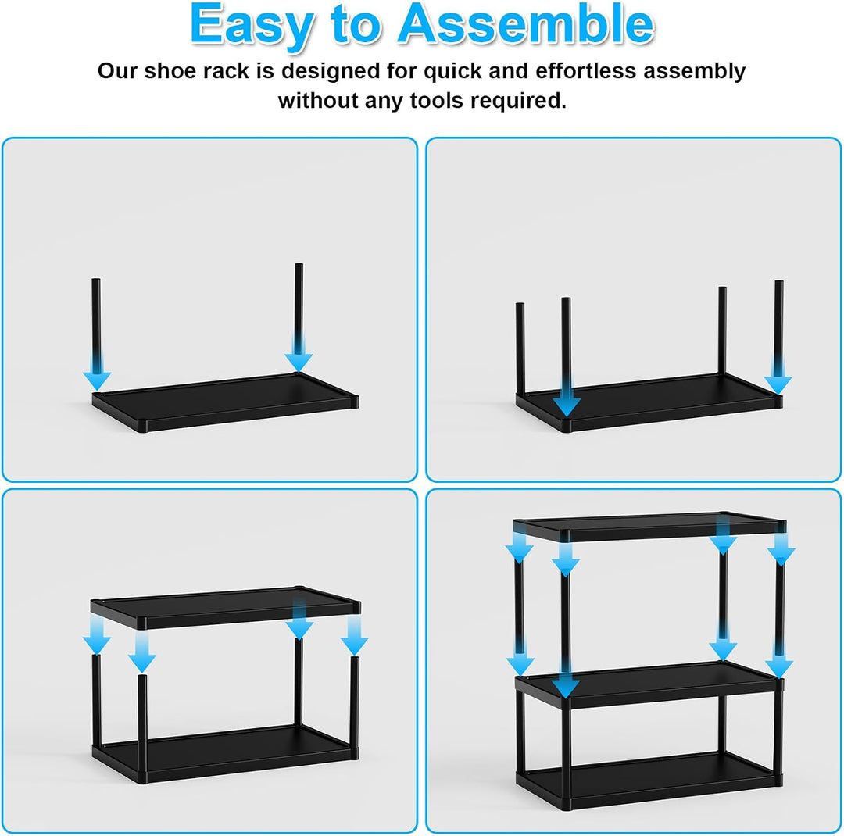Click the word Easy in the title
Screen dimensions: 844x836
(x=252, y=24)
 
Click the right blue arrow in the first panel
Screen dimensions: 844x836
(x=299, y=352)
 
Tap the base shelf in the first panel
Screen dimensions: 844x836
(x=225, y=402)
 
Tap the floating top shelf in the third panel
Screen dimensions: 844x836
(x=226, y=607)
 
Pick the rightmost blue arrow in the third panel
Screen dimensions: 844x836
(x=354, y=635)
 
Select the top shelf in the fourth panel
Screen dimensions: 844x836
(x=649, y=527)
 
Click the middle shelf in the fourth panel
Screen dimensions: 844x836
(x=649, y=684)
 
